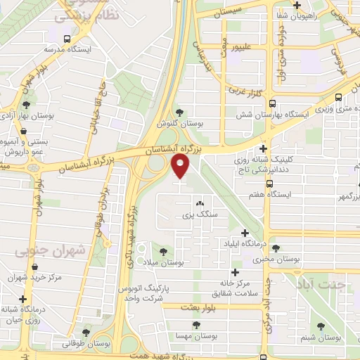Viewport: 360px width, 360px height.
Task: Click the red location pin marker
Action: (x=181, y=167)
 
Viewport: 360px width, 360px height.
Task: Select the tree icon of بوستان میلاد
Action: (x=163, y=250)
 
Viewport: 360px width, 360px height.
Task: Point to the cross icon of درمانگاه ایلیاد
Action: (x=245, y=233)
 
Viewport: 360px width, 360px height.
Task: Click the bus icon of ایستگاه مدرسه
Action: (x=66, y=39)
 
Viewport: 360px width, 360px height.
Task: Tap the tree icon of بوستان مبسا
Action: (x=196, y=326)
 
